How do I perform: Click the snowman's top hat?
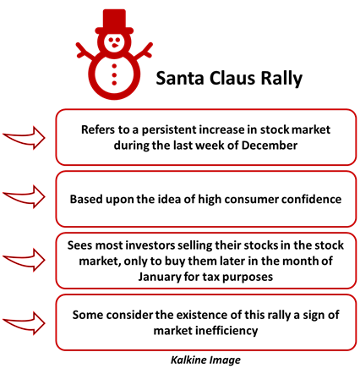[x=114, y=22]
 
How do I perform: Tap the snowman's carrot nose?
[x=115, y=45]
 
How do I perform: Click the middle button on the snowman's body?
[x=114, y=74]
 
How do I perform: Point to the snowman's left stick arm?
[x=85, y=52]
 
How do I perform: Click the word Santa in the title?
[x=180, y=78]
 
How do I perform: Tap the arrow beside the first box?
[x=24, y=138]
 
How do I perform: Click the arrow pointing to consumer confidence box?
[x=24, y=196]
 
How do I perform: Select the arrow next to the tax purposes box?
[x=24, y=260]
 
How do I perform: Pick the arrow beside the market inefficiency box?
[x=24, y=323]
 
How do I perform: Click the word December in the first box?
[x=270, y=146]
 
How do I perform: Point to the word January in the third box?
[x=160, y=277]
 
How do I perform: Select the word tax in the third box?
[x=211, y=277]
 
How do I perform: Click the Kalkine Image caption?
[x=205, y=360]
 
